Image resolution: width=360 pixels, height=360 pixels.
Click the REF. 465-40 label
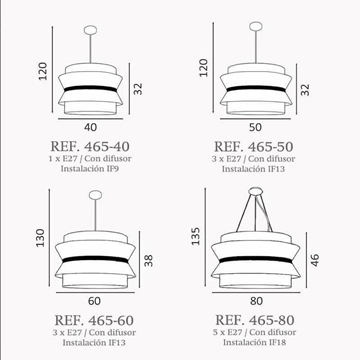90,146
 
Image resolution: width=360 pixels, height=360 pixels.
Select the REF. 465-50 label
253,146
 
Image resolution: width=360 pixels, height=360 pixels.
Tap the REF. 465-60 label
94,320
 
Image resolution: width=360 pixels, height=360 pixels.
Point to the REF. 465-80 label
255,320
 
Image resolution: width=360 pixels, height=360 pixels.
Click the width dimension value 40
91,127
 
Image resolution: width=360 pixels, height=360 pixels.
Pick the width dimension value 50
255,127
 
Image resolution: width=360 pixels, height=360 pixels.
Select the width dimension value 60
94,301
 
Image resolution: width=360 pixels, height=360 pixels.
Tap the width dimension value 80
256,301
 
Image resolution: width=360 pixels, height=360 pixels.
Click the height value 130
40,238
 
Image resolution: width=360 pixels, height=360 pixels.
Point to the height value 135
196,236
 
